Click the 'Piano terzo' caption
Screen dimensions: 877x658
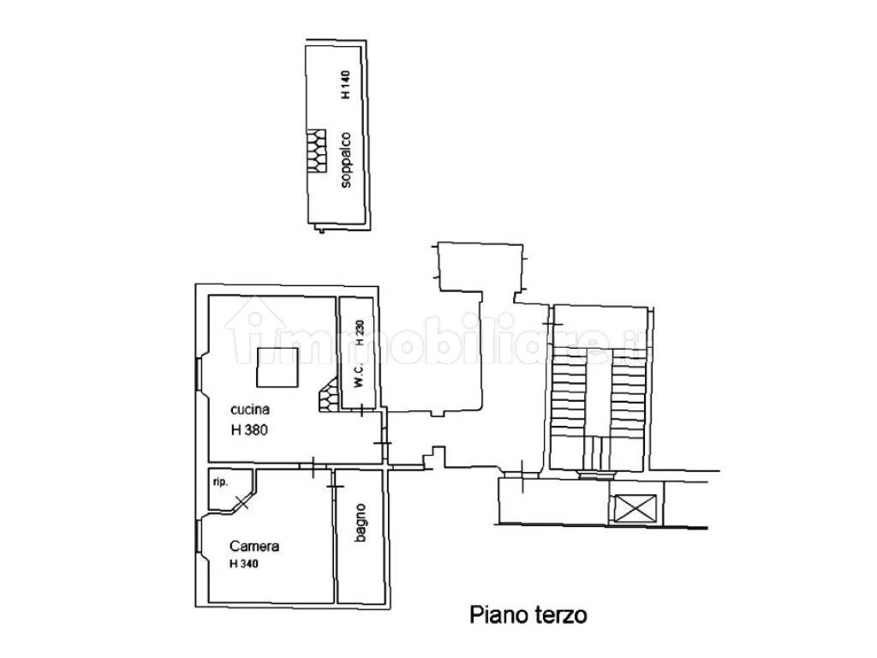[x=528, y=615]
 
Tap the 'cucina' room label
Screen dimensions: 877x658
[x=250, y=410]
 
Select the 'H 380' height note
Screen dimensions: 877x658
[x=249, y=430]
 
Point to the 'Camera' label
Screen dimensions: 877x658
[x=254, y=546]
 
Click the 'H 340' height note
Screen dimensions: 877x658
[x=244, y=564]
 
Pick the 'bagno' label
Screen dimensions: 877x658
[x=361, y=523]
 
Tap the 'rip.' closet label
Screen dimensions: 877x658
[x=220, y=482]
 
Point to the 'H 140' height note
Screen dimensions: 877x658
[x=346, y=85]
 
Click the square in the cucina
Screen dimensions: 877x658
[x=277, y=367]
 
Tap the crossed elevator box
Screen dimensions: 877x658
[x=635, y=509]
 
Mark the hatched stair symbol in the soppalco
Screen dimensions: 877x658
[x=316, y=151]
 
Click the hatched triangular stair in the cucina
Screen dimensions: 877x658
[x=330, y=395]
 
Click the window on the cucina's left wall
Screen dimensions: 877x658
[x=199, y=374]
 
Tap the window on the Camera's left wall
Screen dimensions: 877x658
[x=199, y=537]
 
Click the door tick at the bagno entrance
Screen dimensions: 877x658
[x=335, y=486]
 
